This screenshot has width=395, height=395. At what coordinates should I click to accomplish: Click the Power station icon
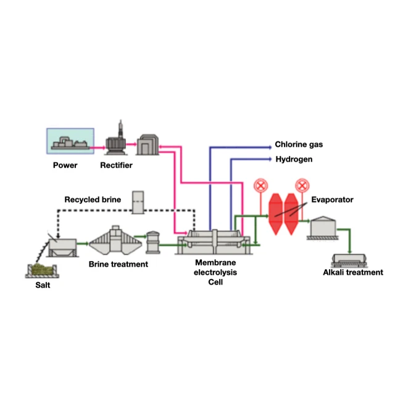coord(70,141)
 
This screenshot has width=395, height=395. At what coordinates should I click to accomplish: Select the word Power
coord(65,165)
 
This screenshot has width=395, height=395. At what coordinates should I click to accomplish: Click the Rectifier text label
coord(116,165)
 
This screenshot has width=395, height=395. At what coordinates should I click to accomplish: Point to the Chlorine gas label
coord(299,145)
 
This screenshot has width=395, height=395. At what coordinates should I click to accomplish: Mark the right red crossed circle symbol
coord(301,185)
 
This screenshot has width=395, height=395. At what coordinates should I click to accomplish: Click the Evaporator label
coord(331,200)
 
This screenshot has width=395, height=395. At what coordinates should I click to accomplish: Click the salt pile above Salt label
coord(42,269)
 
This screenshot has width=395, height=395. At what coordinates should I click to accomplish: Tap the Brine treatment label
coord(118,264)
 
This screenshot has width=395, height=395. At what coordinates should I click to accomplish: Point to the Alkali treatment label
coord(352,272)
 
